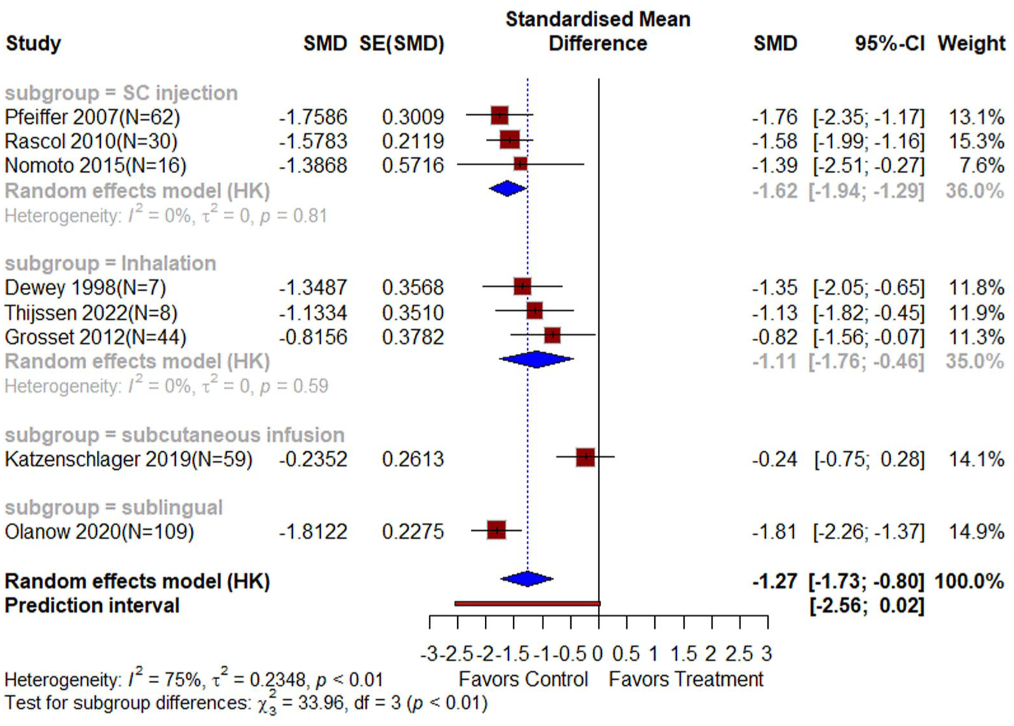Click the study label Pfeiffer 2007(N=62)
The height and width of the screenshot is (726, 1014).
coord(92,117)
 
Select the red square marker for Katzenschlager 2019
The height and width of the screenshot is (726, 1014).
coord(585,457)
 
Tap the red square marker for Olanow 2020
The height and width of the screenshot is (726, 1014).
coord(496,530)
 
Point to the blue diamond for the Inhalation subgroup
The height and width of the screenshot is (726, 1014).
coord(536,359)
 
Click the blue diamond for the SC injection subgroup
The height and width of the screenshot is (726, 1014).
coord(507,189)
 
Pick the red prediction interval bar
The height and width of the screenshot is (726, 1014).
coord(527,603)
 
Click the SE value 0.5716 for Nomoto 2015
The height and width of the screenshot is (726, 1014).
coord(413,166)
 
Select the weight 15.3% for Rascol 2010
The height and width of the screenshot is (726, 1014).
coord(976,142)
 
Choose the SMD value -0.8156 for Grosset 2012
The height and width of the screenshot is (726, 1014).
coord(313,337)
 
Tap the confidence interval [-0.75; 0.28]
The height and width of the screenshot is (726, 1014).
coord(869,460)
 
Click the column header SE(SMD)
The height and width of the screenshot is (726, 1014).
coord(402,44)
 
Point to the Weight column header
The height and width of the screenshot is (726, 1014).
coord(972,44)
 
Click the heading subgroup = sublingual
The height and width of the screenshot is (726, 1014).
coord(114,508)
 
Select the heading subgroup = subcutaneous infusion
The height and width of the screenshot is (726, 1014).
coord(175,435)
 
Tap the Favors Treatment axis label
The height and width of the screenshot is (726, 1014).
coord(686,679)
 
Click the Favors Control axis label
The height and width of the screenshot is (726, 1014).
coord(523,679)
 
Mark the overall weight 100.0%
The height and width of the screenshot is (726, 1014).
coord(969,581)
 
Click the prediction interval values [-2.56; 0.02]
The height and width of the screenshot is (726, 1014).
coord(867,606)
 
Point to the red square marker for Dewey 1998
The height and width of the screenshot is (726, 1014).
coord(522,286)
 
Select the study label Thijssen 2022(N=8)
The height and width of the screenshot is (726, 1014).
coord(91,313)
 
